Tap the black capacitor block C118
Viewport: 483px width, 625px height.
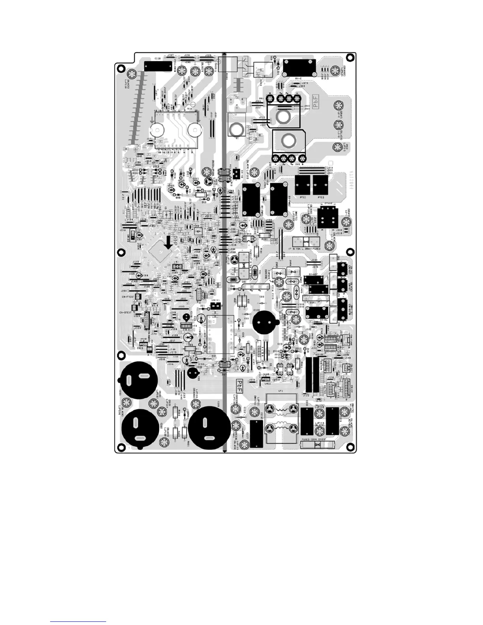(158, 66)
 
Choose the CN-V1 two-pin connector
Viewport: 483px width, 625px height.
(215, 306)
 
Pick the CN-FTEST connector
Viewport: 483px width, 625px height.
(138, 297)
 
